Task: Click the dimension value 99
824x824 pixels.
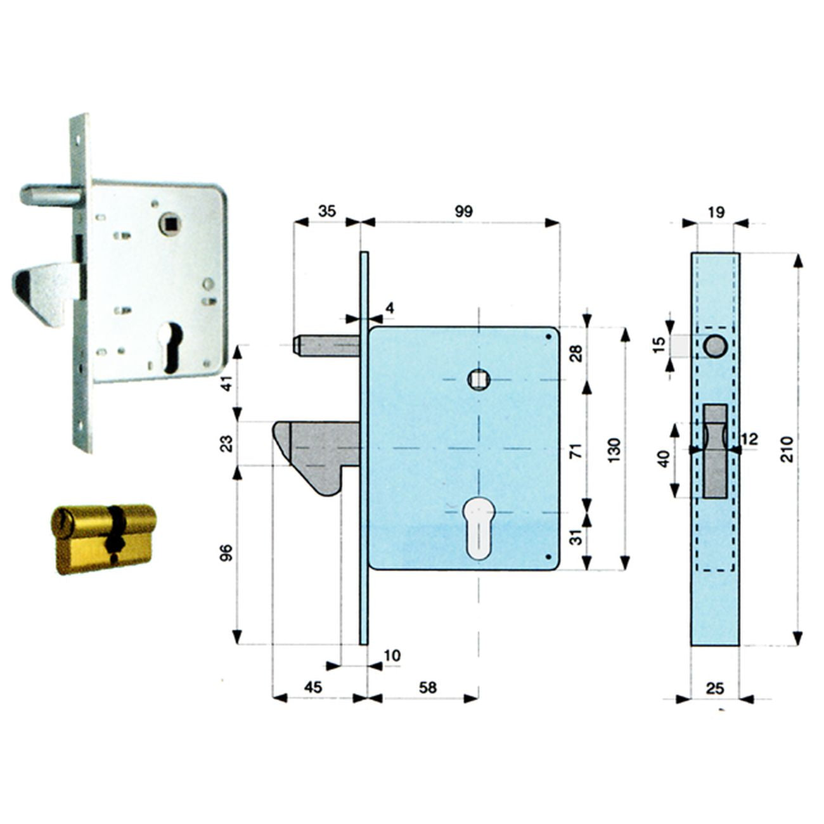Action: tap(463, 212)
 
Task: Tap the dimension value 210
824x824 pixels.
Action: tap(787, 449)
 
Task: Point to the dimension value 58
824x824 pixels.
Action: tap(428, 687)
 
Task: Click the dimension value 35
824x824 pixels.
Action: tap(327, 211)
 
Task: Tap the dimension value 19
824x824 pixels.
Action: tap(716, 212)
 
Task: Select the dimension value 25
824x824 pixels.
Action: tap(715, 688)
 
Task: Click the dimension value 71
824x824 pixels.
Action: tap(577, 450)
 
